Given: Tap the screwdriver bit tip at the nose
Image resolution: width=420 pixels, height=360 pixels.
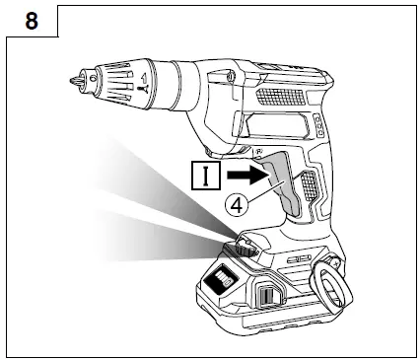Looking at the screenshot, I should (x=72, y=79).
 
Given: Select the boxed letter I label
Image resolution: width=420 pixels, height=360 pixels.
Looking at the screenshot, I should (x=205, y=176).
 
